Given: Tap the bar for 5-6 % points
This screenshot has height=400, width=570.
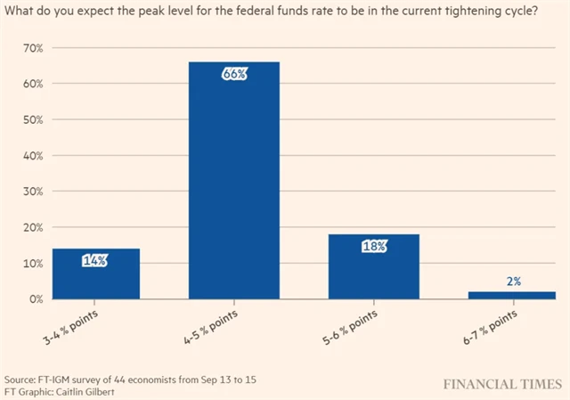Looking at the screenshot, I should (375, 266).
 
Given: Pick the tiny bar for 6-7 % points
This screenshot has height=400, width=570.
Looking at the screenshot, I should (512, 295).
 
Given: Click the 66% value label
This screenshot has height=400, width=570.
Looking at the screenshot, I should (234, 74).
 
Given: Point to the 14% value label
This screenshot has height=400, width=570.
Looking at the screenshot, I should (95, 261).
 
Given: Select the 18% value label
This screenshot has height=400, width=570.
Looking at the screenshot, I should (375, 246).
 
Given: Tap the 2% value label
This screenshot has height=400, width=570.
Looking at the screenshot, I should (513, 282).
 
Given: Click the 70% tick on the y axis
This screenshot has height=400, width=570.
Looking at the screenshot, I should (33, 47).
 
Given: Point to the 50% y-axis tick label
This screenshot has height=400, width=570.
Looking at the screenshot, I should (33, 119).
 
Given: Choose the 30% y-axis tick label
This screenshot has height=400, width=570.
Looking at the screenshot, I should (33, 192).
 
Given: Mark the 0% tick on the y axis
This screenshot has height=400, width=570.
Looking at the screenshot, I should (36, 299).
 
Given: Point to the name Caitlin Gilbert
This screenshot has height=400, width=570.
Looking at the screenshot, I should (86, 390).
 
